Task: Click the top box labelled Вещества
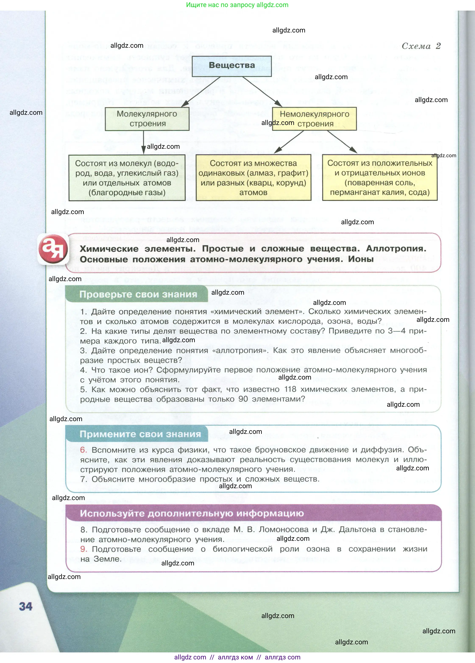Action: pos(232,66)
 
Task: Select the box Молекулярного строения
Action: pos(147,119)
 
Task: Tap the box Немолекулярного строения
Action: pos(314,119)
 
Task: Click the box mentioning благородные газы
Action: pos(127,178)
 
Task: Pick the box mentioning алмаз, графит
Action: pos(253,178)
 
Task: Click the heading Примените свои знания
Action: pos(140,434)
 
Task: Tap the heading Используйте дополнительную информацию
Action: pos(192,513)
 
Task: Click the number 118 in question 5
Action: pos(290,389)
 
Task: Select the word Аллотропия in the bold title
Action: pos(396,248)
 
